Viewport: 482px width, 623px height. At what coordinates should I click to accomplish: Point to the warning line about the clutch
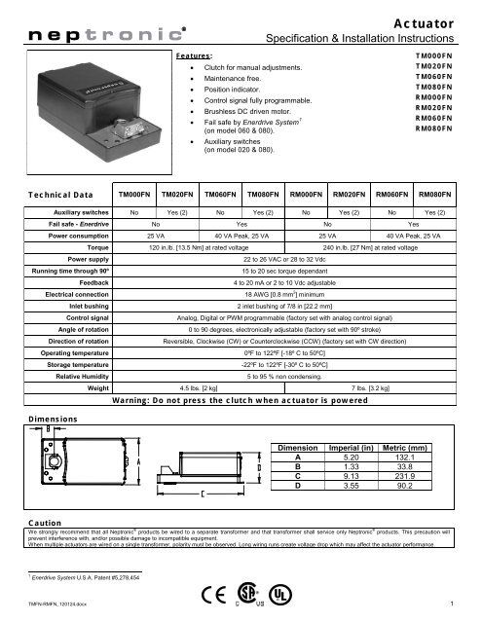click(x=257, y=372)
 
